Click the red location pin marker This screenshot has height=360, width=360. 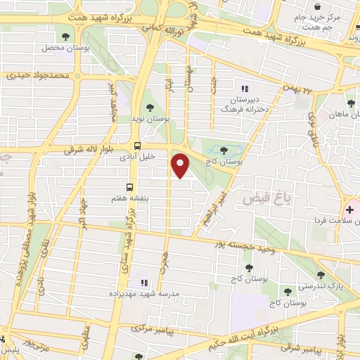[181, 164]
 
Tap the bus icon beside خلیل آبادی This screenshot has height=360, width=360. [136, 146]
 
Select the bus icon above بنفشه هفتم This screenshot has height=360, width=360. [129, 186]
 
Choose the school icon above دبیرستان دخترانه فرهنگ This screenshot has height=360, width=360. [245, 89]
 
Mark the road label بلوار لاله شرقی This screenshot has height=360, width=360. [84, 150]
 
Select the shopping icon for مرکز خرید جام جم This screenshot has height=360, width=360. [328, 6]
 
